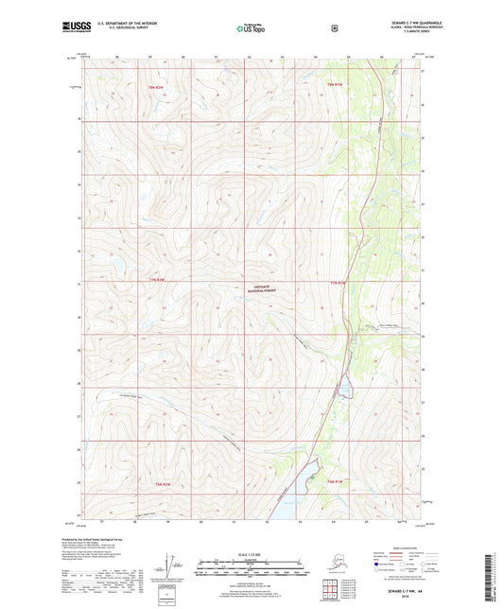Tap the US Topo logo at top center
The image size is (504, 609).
251,29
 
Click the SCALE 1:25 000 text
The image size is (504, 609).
251,553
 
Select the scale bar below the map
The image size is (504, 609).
251,570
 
